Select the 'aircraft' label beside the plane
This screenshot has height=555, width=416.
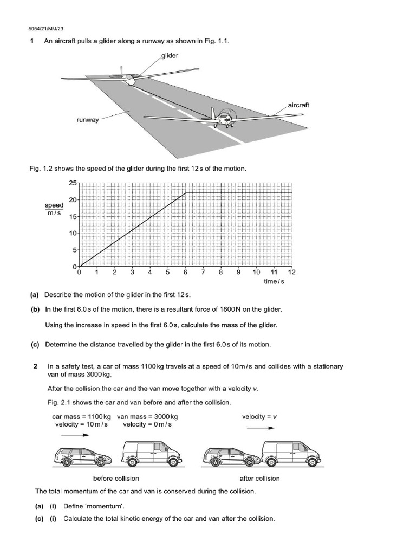[298, 105]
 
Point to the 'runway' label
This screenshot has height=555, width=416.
[88, 120]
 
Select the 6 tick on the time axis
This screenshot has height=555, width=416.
[185, 273]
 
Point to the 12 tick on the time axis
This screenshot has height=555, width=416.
[291, 273]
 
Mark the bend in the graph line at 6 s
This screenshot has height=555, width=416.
[186, 193]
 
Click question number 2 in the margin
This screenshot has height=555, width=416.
[36, 366]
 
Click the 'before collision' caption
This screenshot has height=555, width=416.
[116, 479]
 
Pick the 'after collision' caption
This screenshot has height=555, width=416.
[259, 479]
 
